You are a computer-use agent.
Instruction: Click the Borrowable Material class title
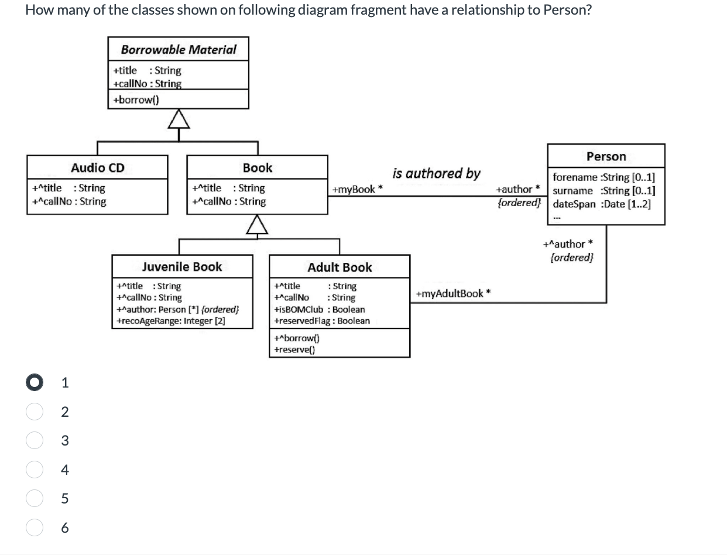tap(179, 50)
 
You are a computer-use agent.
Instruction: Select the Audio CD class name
tap(98, 167)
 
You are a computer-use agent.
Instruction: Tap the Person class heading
tap(606, 156)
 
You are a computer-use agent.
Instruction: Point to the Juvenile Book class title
tap(182, 266)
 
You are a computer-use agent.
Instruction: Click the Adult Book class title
tap(340, 267)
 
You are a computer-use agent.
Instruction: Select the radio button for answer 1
tap(35, 382)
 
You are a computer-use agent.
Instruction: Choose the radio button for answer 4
tap(35, 470)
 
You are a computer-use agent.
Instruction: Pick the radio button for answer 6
tap(35, 527)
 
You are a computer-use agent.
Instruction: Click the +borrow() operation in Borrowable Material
tap(136, 100)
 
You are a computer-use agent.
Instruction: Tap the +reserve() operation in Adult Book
tap(294, 350)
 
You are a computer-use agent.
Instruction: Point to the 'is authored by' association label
tap(436, 173)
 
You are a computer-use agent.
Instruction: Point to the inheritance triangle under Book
tap(257, 224)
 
